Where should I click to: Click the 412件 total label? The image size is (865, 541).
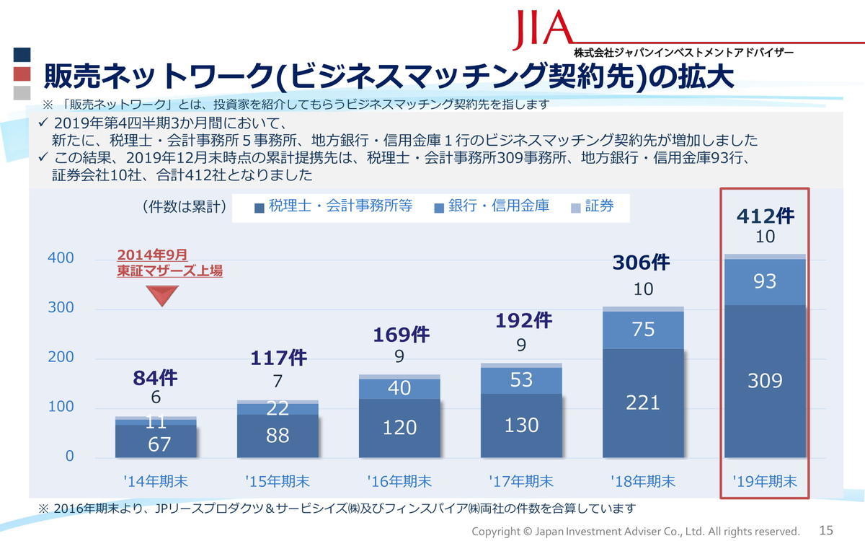[x=765, y=215]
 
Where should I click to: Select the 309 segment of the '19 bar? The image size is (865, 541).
[x=765, y=380]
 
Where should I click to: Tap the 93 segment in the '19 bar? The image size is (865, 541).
[x=765, y=281]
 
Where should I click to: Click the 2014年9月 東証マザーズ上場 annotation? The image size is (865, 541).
[x=169, y=263]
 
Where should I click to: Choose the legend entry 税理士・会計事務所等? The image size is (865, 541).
[x=333, y=207]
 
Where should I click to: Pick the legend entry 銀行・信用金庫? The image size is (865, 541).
[x=492, y=207]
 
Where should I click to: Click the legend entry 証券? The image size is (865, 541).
[x=593, y=207]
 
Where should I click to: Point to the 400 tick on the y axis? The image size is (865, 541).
[x=61, y=258]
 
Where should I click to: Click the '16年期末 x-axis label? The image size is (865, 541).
[x=399, y=480]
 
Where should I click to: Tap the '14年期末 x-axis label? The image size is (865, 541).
[x=156, y=480]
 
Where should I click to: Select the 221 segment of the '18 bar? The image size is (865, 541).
[x=643, y=402]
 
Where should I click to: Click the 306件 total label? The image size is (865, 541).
[x=641, y=262]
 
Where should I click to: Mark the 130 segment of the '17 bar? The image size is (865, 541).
[x=521, y=425]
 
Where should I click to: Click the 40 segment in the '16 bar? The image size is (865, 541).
[x=399, y=388]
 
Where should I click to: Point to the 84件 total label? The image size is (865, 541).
[x=155, y=377]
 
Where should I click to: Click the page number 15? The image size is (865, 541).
[x=826, y=530]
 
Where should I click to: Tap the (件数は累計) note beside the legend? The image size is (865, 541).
[x=185, y=207]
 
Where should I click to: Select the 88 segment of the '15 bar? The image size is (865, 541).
[x=278, y=435]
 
